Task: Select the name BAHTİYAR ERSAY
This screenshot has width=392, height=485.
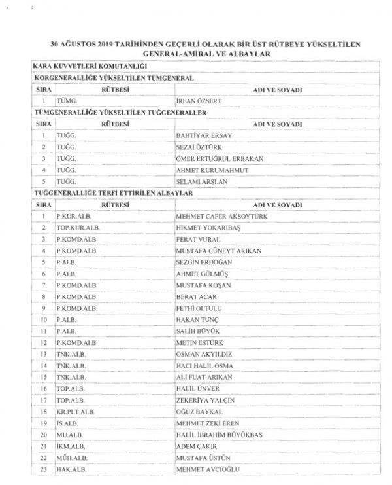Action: click(201, 135)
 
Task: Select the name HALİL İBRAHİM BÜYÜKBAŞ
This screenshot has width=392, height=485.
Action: click(218, 435)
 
